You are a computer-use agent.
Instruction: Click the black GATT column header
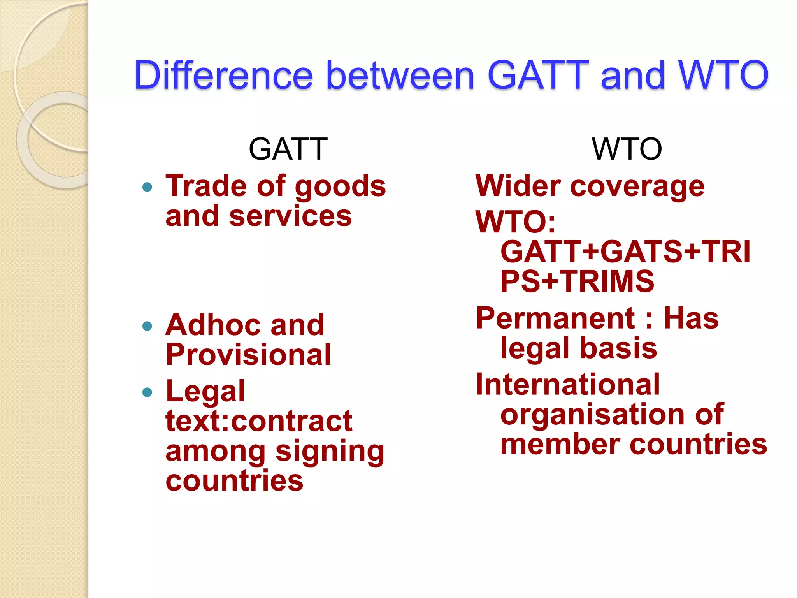coord(288,149)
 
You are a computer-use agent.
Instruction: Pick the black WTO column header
coord(627,149)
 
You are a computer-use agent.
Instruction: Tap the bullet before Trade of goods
coord(147,187)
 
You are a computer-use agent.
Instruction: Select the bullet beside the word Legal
coord(147,392)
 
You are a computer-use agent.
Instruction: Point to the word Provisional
coord(248,355)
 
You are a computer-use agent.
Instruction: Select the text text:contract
coord(259,421)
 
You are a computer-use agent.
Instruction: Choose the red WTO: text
coord(516,222)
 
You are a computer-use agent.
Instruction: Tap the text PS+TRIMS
coord(577,281)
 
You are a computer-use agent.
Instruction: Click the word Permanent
coord(556,318)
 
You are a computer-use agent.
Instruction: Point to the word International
coord(568,385)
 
